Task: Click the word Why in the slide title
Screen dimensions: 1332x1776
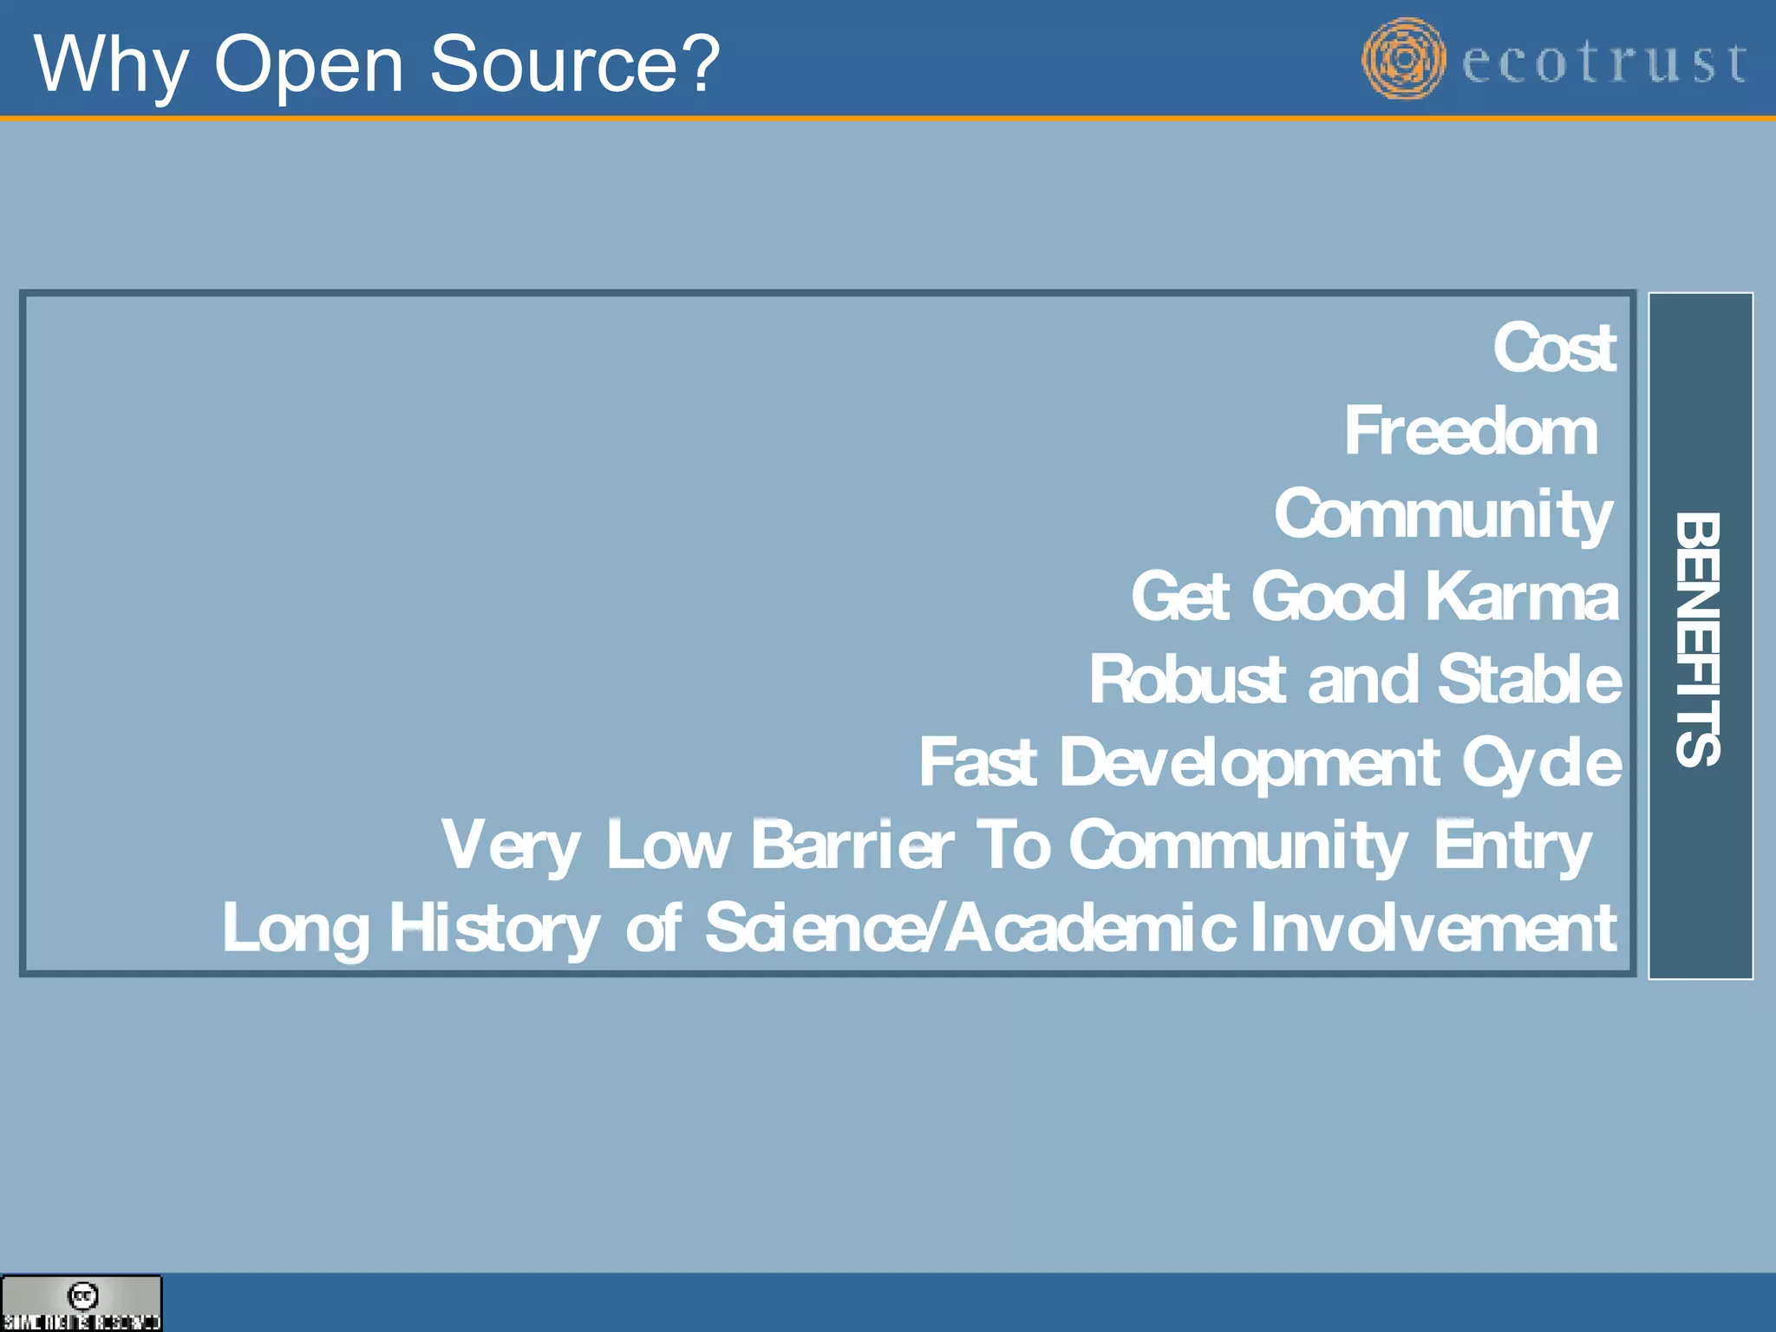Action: pyautogui.click(x=110, y=66)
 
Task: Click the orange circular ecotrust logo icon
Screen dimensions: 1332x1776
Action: pyautogui.click(x=1403, y=59)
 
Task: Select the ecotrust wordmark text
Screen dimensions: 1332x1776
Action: pyautogui.click(x=1603, y=62)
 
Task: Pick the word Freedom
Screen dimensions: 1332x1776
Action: pyautogui.click(x=1471, y=432)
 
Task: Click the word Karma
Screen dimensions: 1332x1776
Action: pyautogui.click(x=1522, y=597)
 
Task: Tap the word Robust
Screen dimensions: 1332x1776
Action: pyautogui.click(x=1186, y=680)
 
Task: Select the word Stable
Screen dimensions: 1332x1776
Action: pyautogui.click(x=1530, y=680)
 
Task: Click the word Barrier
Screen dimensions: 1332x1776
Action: pyautogui.click(x=852, y=846)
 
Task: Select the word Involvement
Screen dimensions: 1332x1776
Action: pyautogui.click(x=1434, y=928)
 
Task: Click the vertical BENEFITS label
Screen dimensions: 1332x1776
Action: pyautogui.click(x=1698, y=638)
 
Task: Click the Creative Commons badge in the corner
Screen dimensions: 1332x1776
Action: pyautogui.click(x=82, y=1303)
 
